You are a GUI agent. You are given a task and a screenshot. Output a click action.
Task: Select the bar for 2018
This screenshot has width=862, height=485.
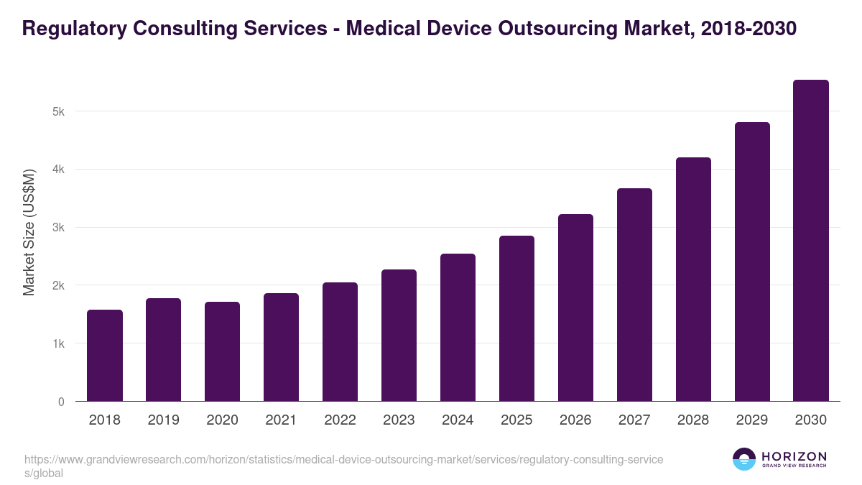105,356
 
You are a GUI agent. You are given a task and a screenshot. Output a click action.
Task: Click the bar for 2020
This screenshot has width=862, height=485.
222,351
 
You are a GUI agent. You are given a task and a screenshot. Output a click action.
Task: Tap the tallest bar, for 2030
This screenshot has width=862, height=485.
811,241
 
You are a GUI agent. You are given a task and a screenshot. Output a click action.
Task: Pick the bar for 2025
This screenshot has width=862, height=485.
516,318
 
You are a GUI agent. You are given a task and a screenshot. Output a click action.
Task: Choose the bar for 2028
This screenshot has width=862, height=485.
693,280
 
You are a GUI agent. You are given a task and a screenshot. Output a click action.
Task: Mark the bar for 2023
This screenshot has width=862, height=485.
399,336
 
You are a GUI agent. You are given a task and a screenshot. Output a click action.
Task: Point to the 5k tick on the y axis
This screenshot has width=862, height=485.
58,112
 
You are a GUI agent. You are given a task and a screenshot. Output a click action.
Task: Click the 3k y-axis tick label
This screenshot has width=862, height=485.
58,228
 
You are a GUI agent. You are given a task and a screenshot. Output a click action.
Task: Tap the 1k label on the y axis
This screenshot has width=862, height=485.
58,344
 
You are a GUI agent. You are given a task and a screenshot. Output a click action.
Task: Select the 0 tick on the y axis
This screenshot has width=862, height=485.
61,402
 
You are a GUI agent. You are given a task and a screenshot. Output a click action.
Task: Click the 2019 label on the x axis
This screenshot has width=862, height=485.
163,420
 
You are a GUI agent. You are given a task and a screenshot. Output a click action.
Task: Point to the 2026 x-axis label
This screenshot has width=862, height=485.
575,420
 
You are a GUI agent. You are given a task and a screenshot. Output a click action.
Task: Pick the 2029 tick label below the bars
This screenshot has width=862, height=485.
752,420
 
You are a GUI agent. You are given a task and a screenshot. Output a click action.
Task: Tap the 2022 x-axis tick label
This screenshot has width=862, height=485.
340,420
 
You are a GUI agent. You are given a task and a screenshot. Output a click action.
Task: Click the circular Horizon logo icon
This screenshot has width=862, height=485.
744,459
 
